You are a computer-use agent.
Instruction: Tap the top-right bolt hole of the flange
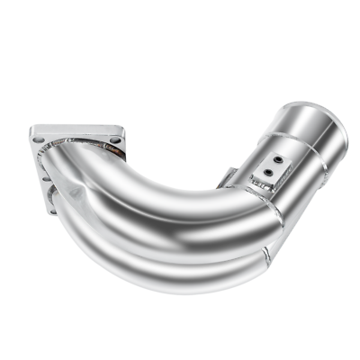(x=114, y=140)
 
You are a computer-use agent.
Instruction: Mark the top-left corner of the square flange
(x=32, y=128)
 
